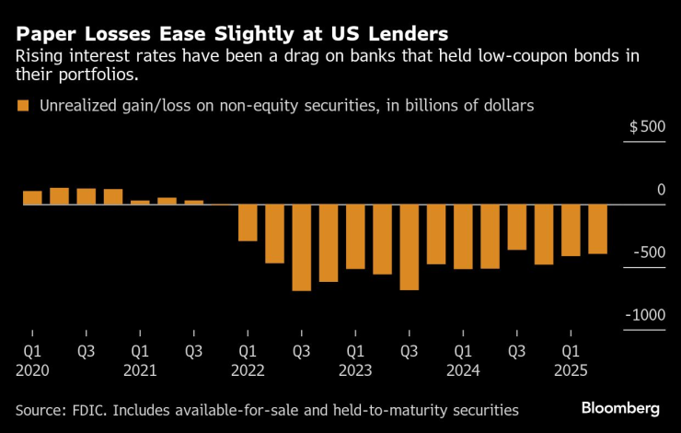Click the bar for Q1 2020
coord(32,197)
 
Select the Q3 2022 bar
coord(302,247)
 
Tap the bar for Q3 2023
coord(410,247)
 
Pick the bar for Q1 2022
coord(248,222)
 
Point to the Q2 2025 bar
coord(597,228)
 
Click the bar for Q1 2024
coord(463,236)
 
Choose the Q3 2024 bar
coord(517,227)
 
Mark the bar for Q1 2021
coord(140,202)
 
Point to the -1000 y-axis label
coord(645,315)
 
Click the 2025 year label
coord(571,370)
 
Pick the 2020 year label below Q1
coord(32,370)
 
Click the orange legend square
coord(24,106)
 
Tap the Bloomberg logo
coord(620,407)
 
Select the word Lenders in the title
coord(402,33)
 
